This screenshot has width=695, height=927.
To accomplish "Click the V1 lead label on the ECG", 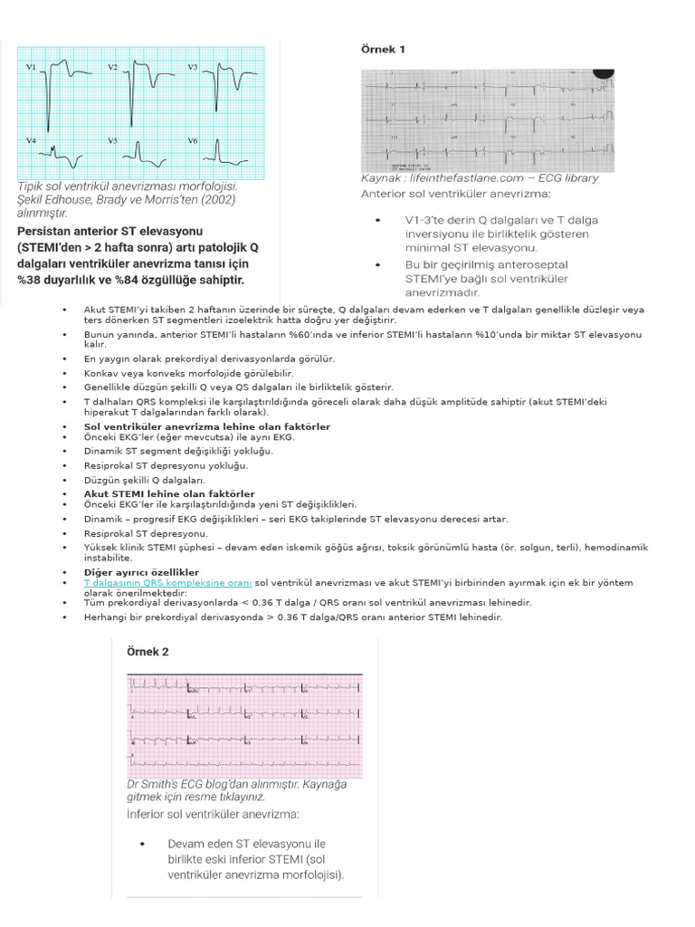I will point(31,67).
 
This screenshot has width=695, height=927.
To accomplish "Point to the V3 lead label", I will point(192,67).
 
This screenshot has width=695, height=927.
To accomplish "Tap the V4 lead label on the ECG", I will point(31,140).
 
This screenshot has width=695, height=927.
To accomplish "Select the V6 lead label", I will point(192,140).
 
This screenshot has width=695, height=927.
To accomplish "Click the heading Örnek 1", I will point(383,50).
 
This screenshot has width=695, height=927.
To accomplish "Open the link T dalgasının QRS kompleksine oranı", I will point(167,583).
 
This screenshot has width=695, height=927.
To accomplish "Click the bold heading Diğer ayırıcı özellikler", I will point(141,572).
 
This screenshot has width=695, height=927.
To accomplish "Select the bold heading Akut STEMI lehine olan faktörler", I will point(169,493).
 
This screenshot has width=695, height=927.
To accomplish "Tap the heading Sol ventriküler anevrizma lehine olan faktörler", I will point(206,426).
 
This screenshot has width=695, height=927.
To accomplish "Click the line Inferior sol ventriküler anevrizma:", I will point(210,815).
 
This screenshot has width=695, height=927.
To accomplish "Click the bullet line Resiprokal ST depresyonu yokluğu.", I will point(152,465).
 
